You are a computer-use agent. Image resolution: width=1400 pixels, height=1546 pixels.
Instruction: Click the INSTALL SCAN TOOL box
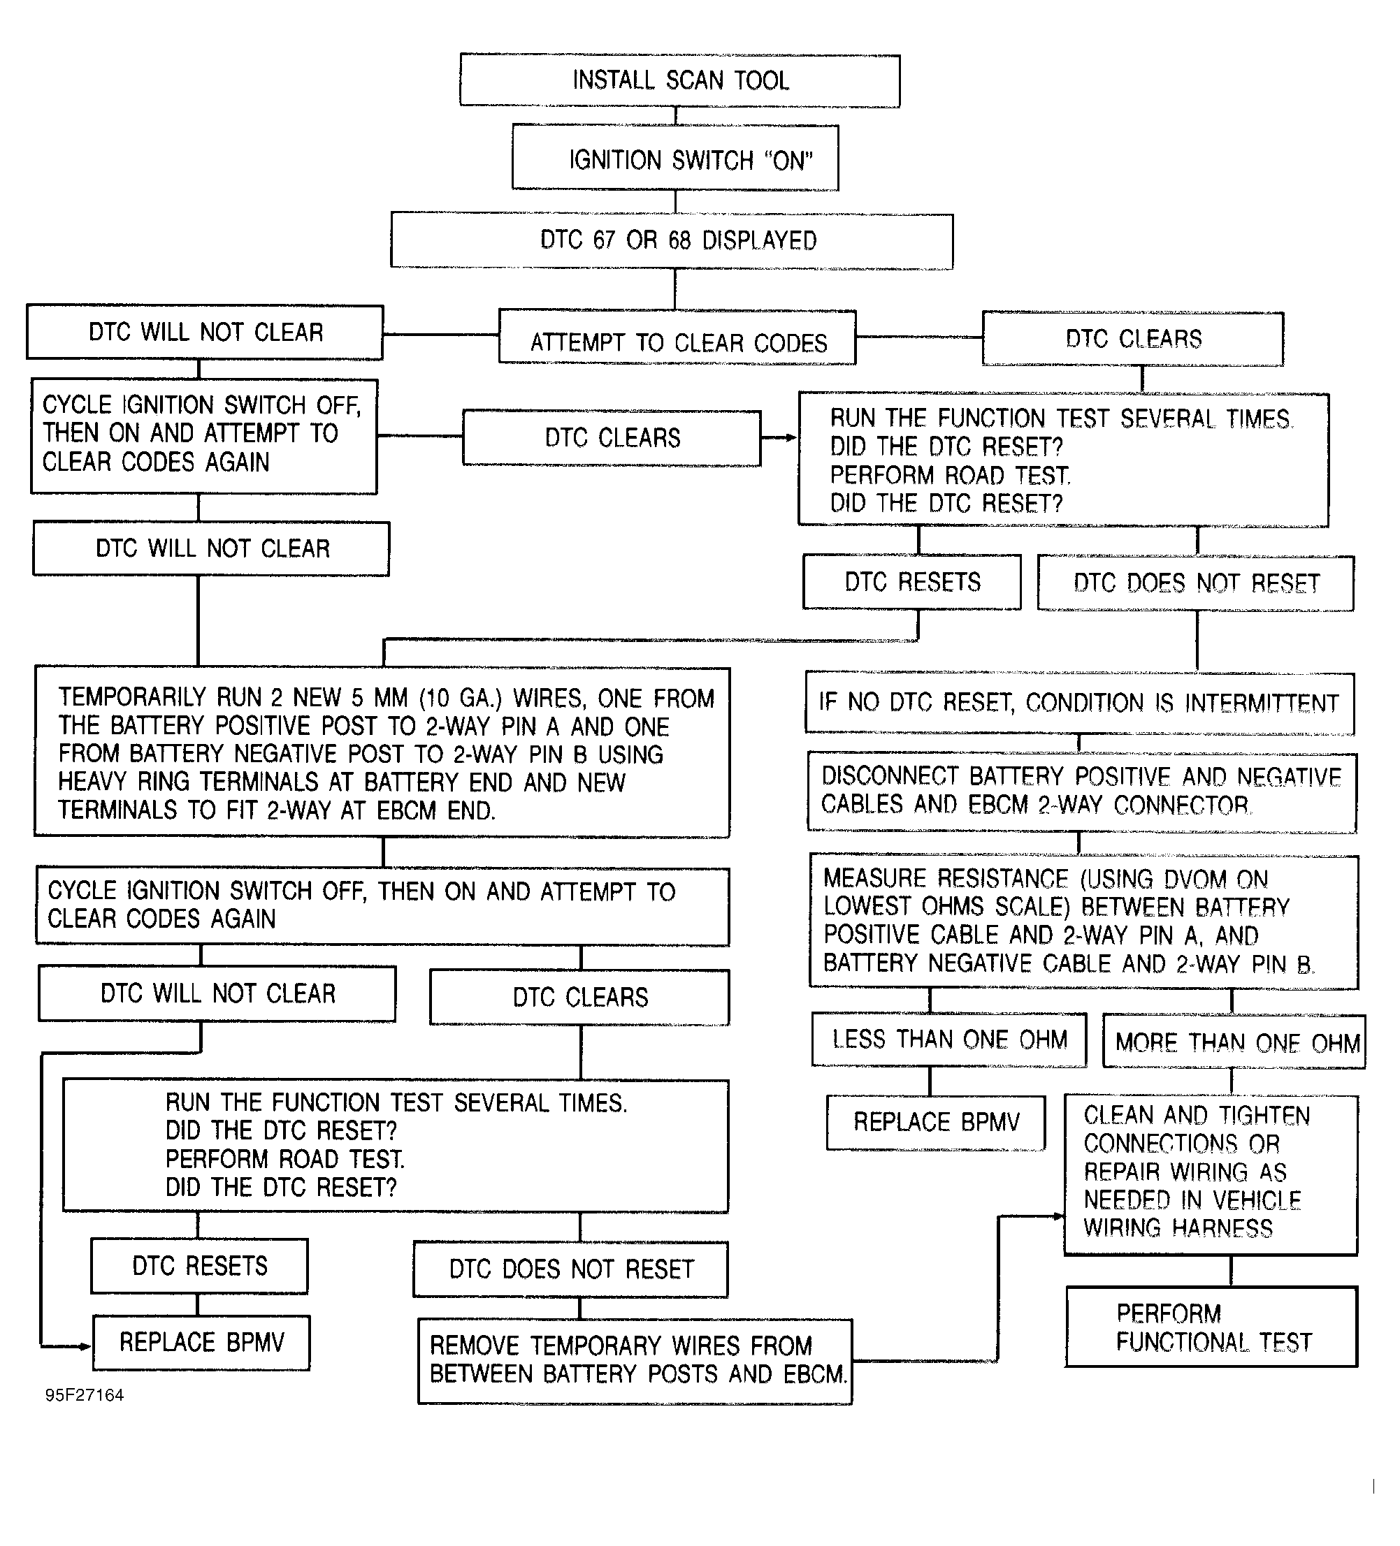click(x=679, y=80)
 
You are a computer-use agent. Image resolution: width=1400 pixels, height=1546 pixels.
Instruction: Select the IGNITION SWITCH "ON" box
click(x=675, y=157)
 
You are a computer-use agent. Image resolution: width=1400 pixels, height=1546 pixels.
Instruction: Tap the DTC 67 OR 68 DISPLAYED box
click(x=672, y=241)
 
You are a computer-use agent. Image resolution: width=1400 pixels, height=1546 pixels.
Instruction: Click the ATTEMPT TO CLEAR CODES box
click(x=677, y=337)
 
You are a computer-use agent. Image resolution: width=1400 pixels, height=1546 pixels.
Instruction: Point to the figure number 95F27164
click(x=85, y=1395)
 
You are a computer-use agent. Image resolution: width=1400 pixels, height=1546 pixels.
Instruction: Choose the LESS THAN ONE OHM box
click(x=950, y=1039)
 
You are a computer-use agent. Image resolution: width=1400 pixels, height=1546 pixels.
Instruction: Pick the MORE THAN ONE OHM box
click(x=1234, y=1042)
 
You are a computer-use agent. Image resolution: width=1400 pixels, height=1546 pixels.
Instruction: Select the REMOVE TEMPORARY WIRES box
click(x=635, y=1361)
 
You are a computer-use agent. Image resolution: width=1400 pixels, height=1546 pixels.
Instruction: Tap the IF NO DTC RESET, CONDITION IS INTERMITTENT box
click(x=1079, y=703)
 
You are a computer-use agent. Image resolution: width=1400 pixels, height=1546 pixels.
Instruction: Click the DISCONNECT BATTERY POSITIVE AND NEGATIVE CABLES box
click(x=1082, y=792)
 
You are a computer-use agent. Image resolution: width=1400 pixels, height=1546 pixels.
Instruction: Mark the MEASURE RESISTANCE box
click(x=1084, y=921)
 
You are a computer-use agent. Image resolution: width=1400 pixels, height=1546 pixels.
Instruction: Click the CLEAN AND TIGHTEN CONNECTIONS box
click(x=1211, y=1175)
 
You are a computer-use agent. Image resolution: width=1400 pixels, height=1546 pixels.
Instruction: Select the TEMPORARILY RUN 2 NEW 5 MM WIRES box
click(x=382, y=752)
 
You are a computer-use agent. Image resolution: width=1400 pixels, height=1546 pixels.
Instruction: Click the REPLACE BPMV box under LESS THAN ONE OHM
click(x=936, y=1123)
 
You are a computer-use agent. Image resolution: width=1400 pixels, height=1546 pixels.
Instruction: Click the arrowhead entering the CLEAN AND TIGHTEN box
click(x=1059, y=1216)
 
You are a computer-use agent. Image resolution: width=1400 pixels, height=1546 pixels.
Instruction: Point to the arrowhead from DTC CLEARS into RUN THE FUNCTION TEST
click(x=792, y=438)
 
